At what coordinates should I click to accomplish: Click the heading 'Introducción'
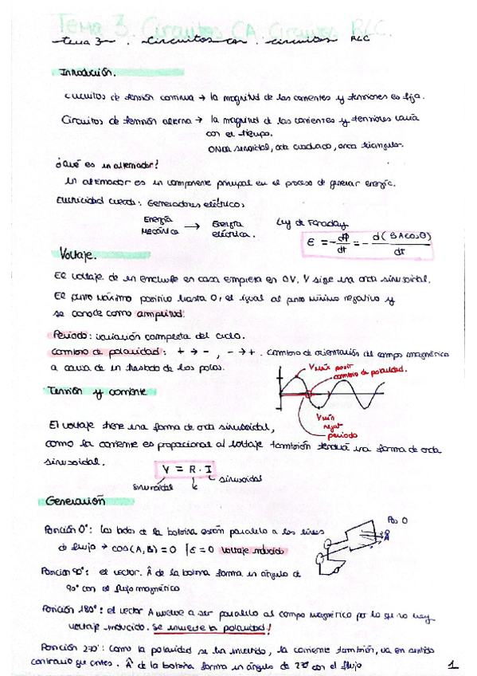pos(88,73)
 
